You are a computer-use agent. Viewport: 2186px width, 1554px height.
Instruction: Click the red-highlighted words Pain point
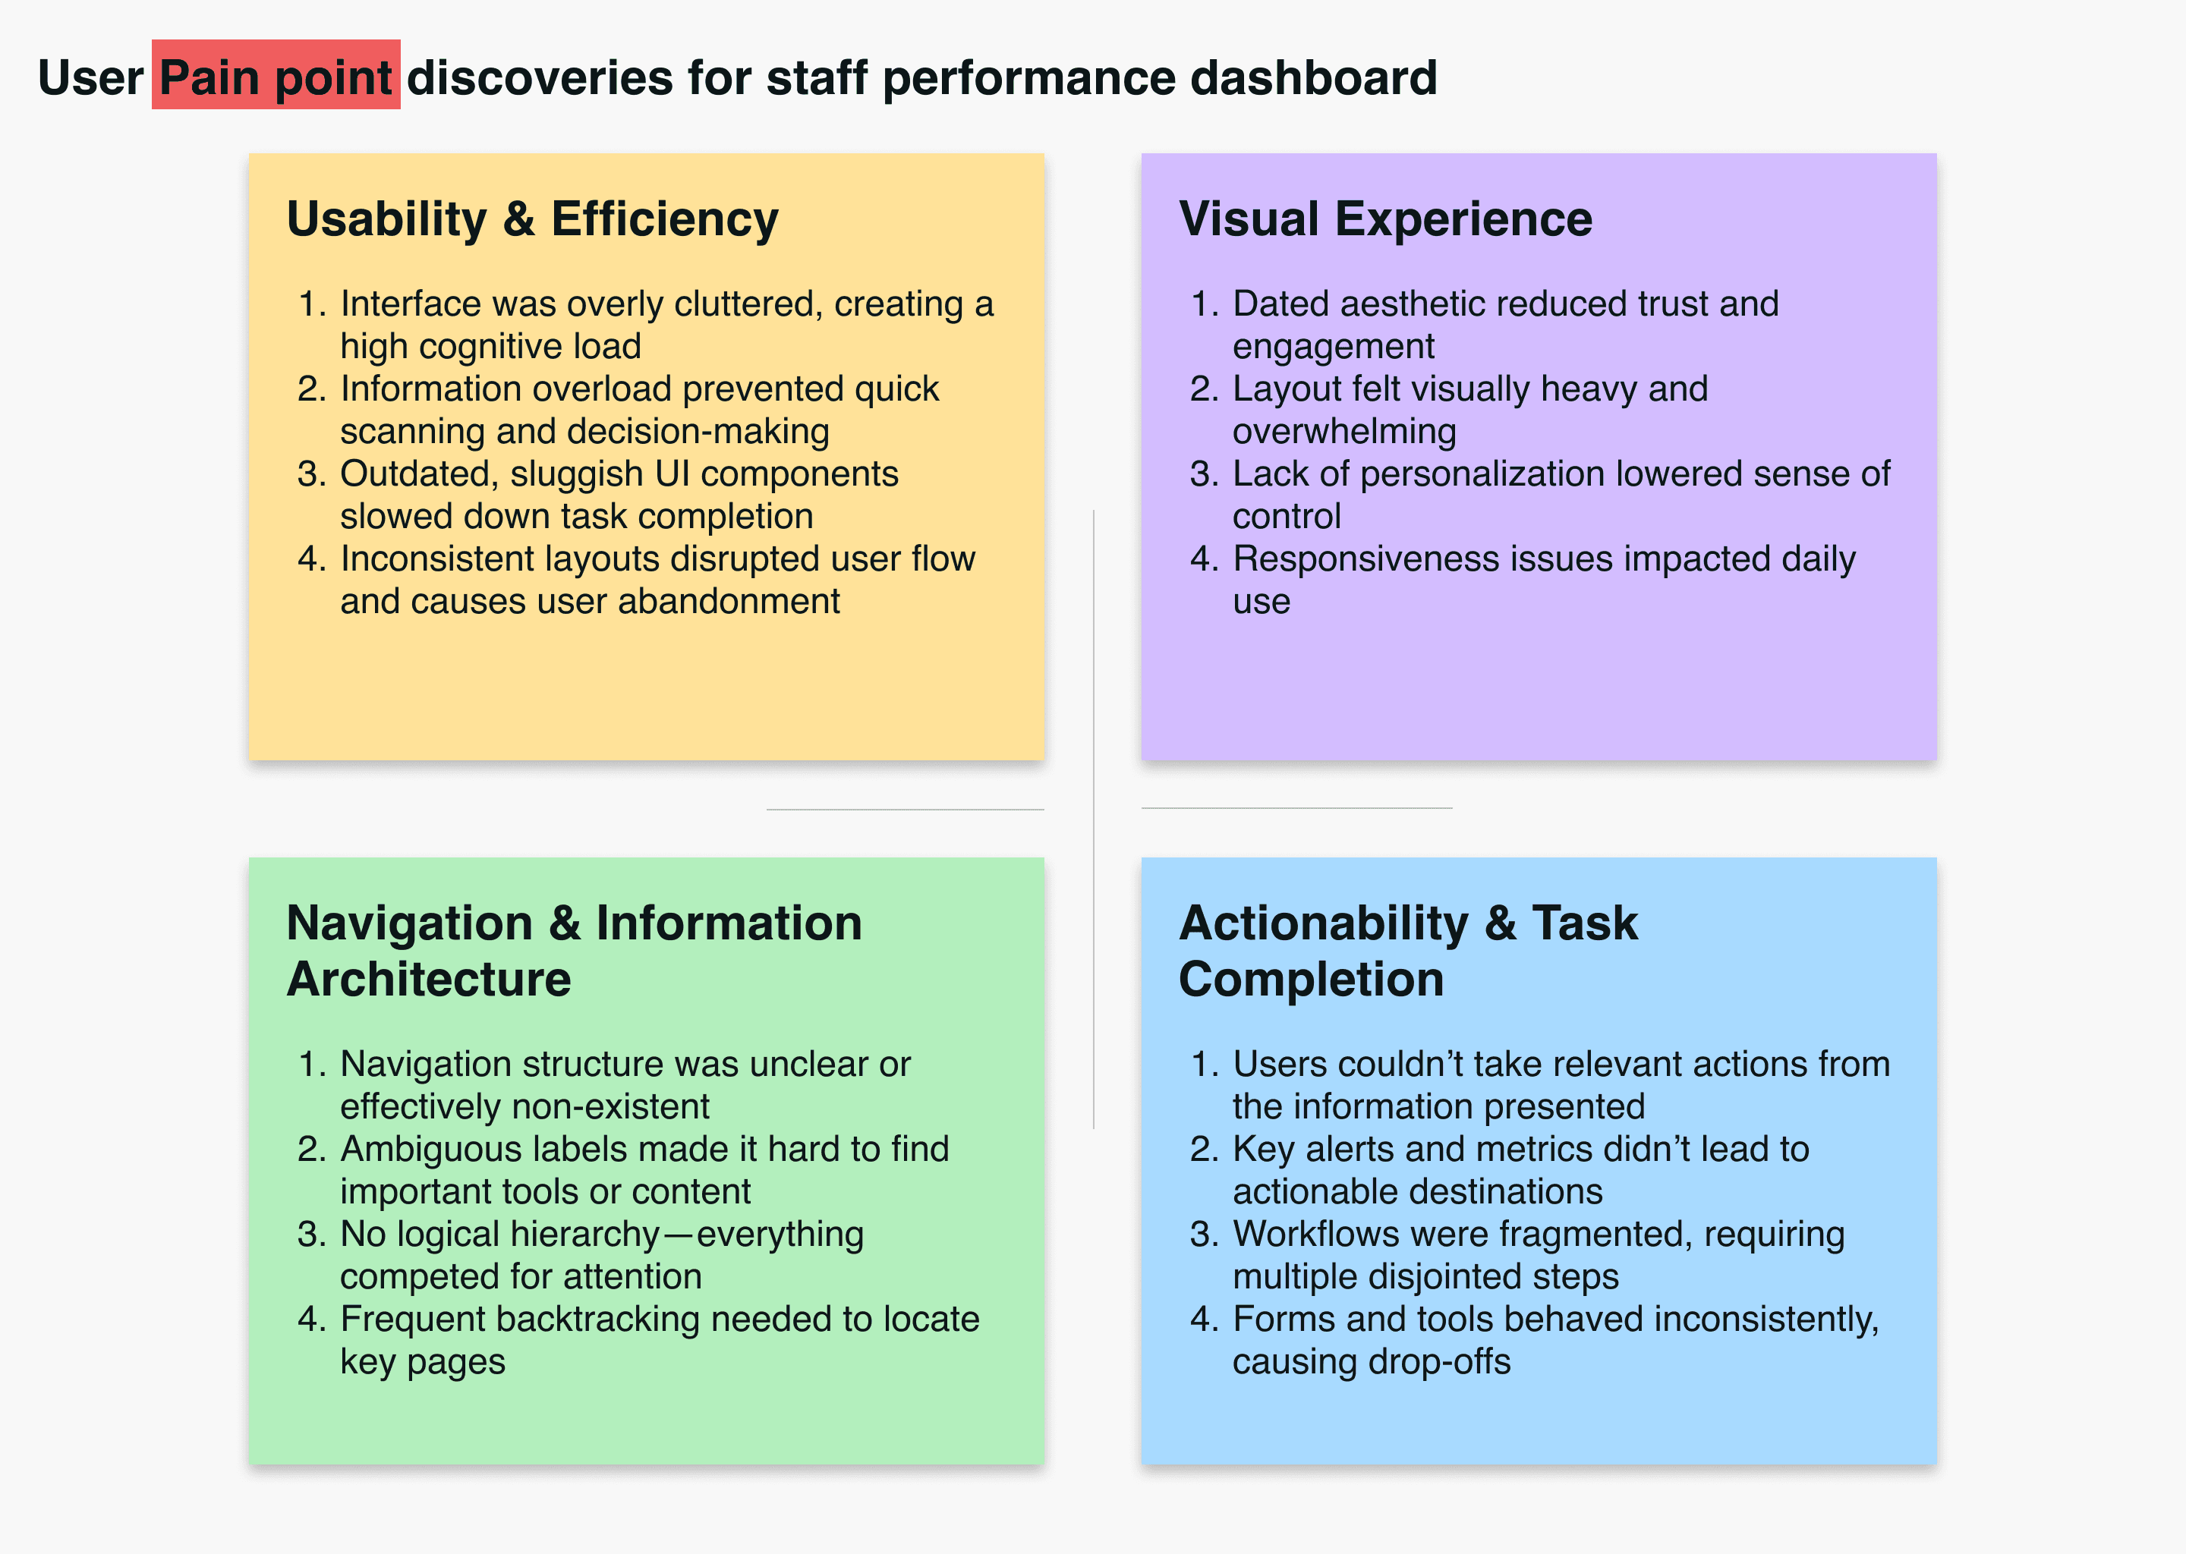[x=276, y=77]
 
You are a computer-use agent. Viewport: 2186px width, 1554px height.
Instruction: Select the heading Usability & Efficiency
[x=532, y=219]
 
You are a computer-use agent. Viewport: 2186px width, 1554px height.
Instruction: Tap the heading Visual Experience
[x=1385, y=219]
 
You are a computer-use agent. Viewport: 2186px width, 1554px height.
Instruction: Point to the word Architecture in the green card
[x=429, y=979]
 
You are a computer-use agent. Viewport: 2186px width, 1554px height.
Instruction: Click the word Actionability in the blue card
[x=1323, y=923]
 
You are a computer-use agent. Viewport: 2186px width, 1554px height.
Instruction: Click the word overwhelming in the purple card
[x=1343, y=432]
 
